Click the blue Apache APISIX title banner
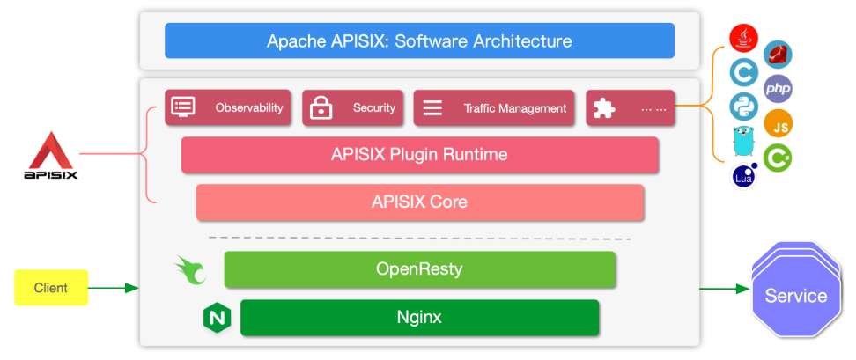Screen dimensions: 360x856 (x=419, y=40)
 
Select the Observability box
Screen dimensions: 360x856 (x=229, y=108)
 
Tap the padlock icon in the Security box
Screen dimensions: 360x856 (x=321, y=108)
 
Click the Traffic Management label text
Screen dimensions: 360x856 (x=515, y=108)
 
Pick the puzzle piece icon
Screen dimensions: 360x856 (x=604, y=108)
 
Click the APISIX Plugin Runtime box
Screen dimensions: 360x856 (x=419, y=155)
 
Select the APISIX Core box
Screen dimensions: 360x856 (x=419, y=202)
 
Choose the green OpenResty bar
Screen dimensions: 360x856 (x=419, y=269)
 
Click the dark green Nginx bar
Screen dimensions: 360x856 (x=419, y=317)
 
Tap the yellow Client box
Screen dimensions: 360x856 (x=51, y=288)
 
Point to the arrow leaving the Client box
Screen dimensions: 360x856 (x=114, y=288)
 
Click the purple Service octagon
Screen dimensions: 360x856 (x=795, y=295)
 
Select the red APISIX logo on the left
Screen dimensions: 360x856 (x=50, y=155)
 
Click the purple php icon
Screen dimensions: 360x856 (x=778, y=88)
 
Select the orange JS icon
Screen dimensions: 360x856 (x=779, y=125)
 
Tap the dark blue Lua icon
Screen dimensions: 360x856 (x=744, y=176)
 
